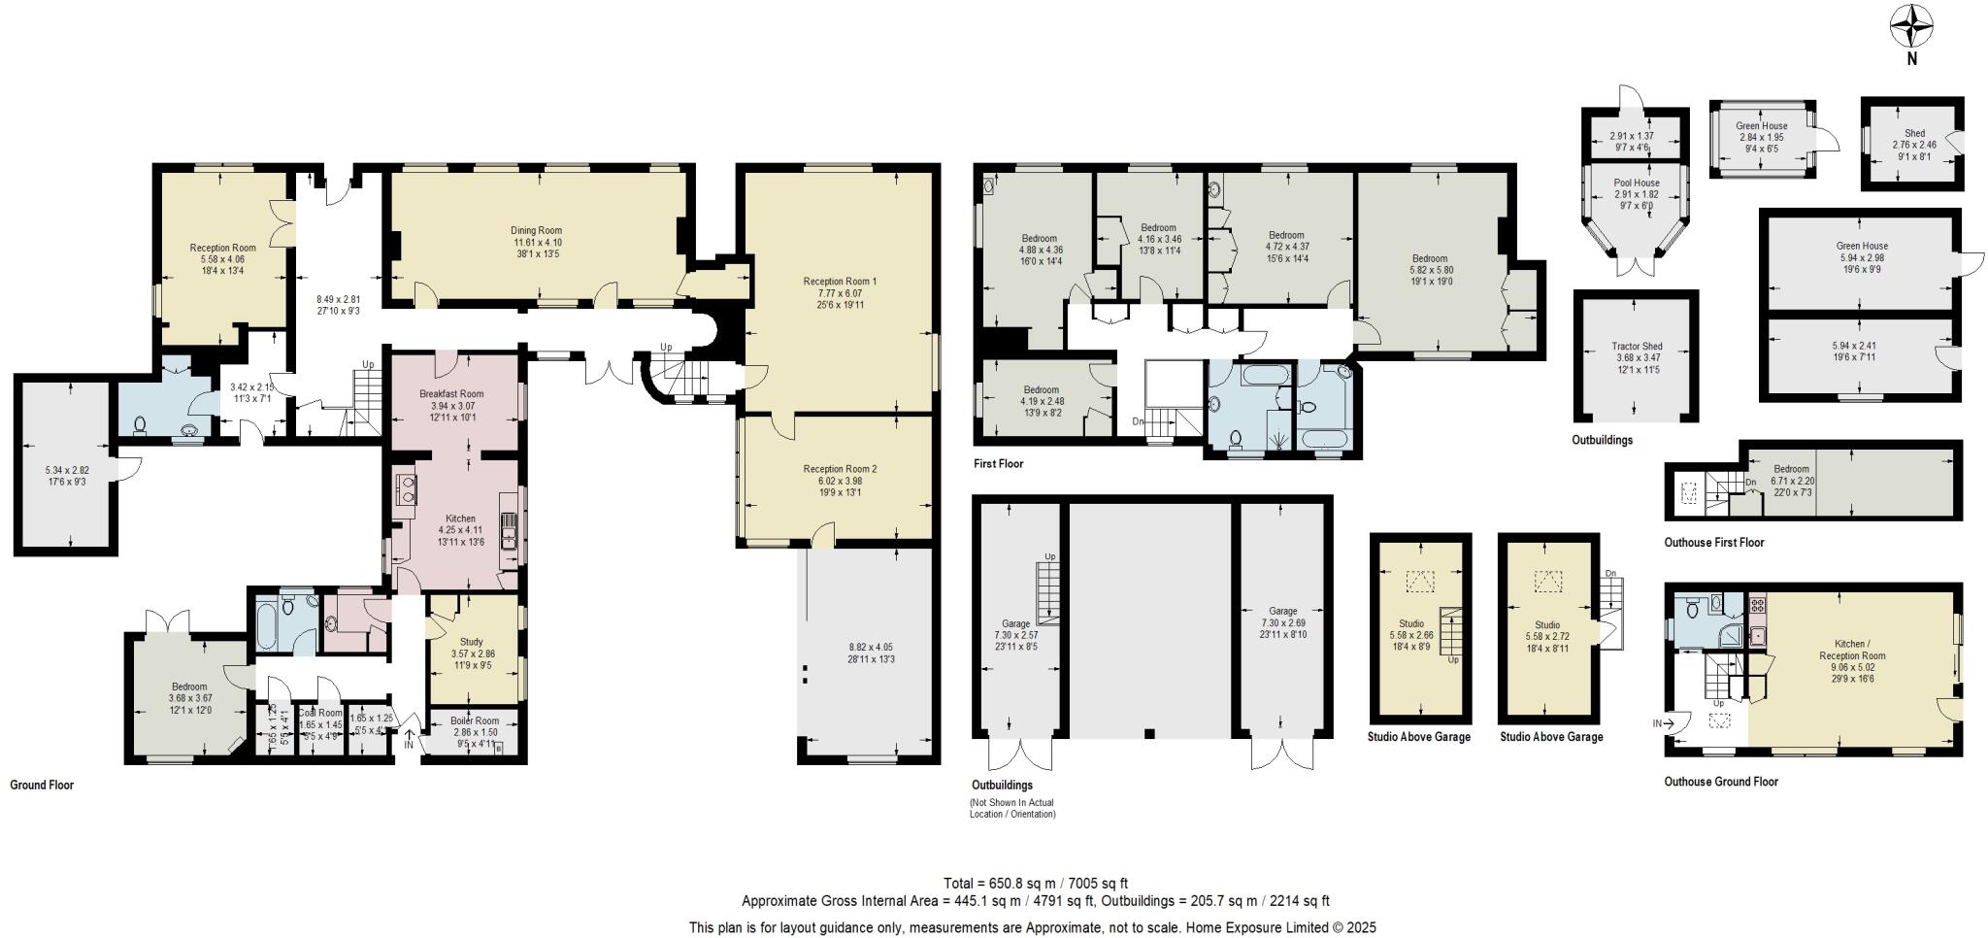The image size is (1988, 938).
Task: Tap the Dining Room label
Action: click(x=537, y=230)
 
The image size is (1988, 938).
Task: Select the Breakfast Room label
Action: click(x=451, y=393)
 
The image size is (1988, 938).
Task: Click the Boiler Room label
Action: click(x=476, y=720)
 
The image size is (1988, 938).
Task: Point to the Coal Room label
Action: click(x=319, y=713)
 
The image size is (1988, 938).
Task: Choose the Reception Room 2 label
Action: click(x=840, y=469)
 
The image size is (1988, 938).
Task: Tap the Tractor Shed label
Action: click(x=1637, y=347)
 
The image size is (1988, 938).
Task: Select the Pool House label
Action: click(x=1637, y=183)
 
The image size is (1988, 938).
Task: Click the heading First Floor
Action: click(x=998, y=464)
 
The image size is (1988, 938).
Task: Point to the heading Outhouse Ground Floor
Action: click(x=1720, y=782)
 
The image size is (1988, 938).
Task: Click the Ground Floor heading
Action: click(x=42, y=785)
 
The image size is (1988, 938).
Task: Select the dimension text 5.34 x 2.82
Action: click(x=67, y=469)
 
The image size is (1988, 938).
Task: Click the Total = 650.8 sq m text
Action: click(x=1035, y=884)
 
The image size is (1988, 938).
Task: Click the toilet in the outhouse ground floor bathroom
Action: click(x=1690, y=609)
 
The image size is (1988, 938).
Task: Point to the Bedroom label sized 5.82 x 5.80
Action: click(x=1430, y=258)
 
